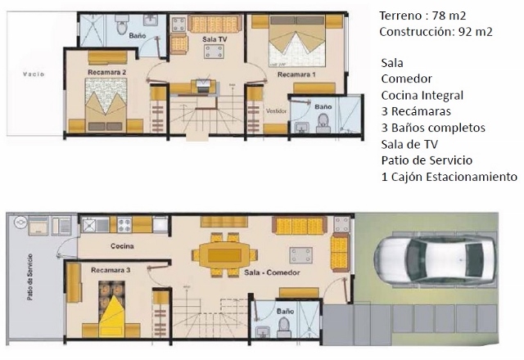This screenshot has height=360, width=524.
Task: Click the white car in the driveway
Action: [x=435, y=260]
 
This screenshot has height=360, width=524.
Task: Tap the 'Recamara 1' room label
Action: [x=296, y=74]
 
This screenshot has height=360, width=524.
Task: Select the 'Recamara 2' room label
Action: [x=107, y=72]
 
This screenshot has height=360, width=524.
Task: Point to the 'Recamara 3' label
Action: [x=111, y=270]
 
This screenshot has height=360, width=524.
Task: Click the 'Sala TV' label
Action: [x=215, y=39]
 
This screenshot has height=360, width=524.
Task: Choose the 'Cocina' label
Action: [x=122, y=246]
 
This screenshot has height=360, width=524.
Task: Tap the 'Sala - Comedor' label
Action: [x=272, y=272]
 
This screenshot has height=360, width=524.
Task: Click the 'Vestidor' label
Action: [x=277, y=111]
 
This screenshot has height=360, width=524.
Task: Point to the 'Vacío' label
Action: [x=34, y=74]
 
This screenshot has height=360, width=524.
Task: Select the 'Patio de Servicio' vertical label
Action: [x=30, y=277]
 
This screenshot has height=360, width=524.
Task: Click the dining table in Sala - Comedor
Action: [x=224, y=255]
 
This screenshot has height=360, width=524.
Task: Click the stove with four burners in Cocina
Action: [x=124, y=225]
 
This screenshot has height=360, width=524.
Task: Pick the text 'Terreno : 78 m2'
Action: [x=422, y=16]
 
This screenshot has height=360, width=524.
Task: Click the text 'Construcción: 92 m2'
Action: [x=436, y=32]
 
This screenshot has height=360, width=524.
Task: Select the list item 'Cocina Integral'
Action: [x=422, y=96]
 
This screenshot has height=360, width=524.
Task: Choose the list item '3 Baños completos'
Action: [x=433, y=128]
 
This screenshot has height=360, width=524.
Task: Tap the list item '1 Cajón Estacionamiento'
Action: [x=449, y=177]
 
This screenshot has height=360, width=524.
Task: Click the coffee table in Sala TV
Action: [x=214, y=52]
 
